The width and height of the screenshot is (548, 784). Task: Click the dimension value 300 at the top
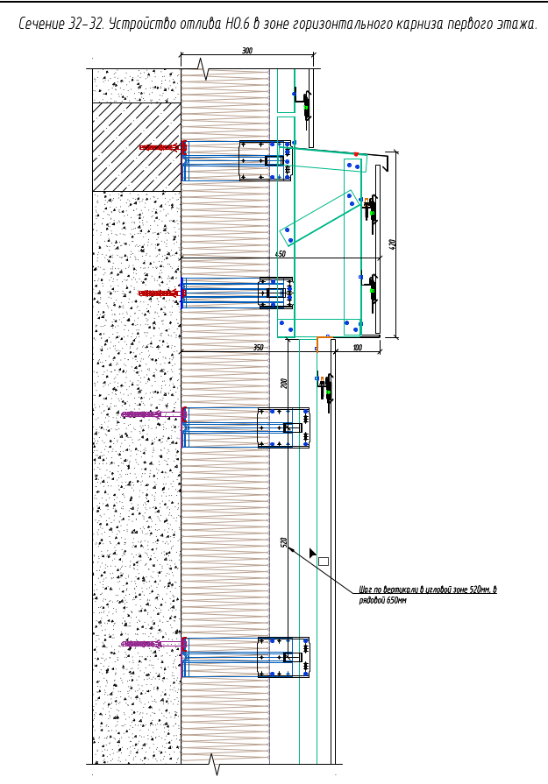247,51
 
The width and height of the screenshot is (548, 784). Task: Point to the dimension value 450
281,254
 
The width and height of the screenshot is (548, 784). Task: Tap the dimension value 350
258,348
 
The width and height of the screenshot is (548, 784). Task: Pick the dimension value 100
357,348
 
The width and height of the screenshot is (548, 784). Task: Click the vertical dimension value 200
284,383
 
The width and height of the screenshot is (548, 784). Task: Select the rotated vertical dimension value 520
284,542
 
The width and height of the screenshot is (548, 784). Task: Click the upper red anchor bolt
160,147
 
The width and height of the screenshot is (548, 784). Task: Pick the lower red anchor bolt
160,293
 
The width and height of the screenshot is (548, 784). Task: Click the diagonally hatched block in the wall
137,146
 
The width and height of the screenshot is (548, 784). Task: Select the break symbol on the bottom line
215,765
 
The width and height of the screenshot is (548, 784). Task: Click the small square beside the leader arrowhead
323,561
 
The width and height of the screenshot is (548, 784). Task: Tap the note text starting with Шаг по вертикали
428,595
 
